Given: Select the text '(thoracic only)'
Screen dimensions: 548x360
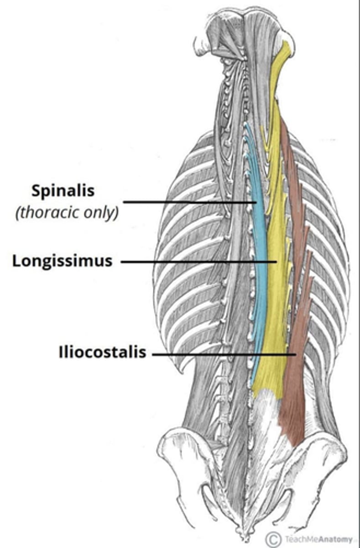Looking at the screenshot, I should tap(66, 213).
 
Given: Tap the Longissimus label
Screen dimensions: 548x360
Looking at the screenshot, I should tap(62, 261).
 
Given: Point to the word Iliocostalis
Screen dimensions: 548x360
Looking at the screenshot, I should tap(102, 353).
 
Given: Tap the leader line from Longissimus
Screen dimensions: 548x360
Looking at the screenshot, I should tap(196, 262).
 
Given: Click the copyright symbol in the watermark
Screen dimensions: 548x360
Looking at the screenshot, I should tap(273, 538).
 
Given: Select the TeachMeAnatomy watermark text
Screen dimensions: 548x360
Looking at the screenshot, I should tap(315, 539).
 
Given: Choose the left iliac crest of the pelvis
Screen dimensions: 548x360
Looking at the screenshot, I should tap(183, 438).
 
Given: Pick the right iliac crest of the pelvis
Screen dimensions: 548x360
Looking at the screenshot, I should tap(319, 438).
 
